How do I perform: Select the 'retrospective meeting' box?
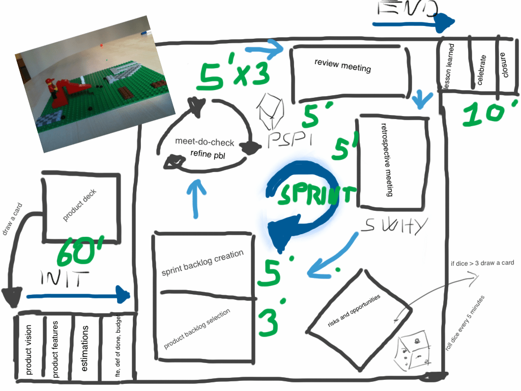click(391, 162)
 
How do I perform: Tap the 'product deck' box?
click(80, 206)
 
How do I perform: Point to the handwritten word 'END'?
click(408, 10)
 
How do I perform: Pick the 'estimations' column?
click(86, 349)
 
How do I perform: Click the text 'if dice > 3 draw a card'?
click(482, 263)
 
